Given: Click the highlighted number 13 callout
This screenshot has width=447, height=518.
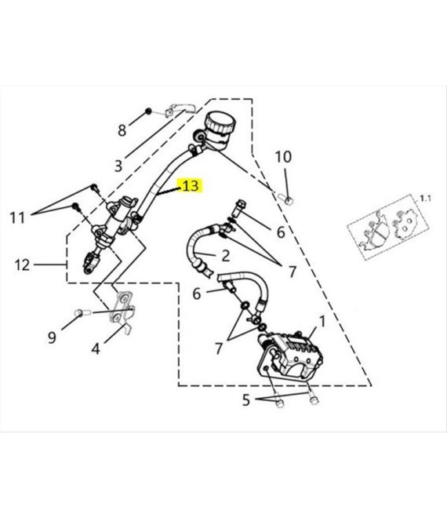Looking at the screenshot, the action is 191,186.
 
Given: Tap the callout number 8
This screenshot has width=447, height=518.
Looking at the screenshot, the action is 122,130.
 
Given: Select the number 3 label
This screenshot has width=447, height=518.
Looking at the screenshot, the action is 118,166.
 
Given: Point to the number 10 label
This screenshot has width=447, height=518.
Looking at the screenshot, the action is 283,157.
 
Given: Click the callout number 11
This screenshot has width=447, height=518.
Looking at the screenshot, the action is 17,218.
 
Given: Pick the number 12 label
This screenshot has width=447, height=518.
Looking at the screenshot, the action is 22,265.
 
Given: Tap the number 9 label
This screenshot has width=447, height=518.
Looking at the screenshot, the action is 52,337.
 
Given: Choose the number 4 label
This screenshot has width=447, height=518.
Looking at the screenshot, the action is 96,348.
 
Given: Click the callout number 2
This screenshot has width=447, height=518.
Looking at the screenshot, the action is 226,255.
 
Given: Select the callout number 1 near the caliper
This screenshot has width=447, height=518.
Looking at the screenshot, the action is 322,322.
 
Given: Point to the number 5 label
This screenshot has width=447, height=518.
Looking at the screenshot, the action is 246,400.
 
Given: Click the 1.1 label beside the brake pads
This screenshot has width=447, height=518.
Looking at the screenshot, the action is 425,199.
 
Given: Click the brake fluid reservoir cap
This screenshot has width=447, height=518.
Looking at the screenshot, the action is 221,122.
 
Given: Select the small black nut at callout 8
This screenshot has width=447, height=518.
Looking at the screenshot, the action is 148,111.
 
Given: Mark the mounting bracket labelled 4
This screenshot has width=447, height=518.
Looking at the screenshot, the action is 122,311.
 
